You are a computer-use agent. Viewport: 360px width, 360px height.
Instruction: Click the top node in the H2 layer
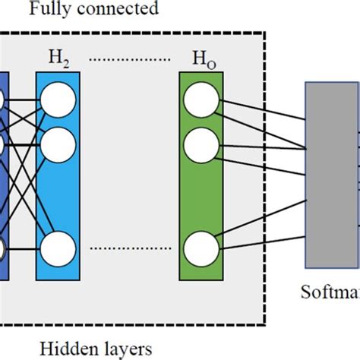coord(58,99)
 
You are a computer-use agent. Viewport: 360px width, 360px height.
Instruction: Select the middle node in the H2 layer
coord(58,141)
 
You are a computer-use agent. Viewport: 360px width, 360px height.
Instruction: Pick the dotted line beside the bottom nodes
coord(128,248)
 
